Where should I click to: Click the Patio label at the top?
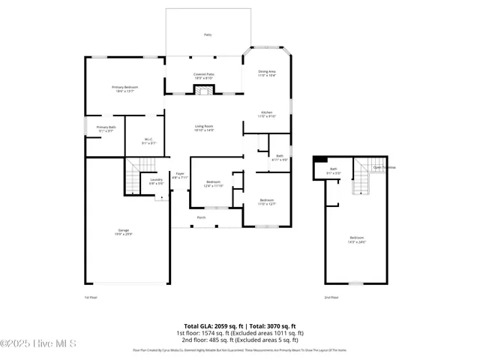[208, 35]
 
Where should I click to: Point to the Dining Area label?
[267, 73]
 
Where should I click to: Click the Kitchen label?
[267, 114]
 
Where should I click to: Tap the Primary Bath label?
[106, 129]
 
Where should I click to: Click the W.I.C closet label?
[148, 140]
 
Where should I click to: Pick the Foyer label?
[180, 175]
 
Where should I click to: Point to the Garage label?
[122, 232]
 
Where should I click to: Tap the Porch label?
[201, 217]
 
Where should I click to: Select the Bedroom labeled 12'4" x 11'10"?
[214, 184]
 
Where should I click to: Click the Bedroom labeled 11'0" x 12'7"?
[267, 201]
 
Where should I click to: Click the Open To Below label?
[385, 167]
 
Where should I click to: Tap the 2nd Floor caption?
[331, 297]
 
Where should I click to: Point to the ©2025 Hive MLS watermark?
[39, 344]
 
